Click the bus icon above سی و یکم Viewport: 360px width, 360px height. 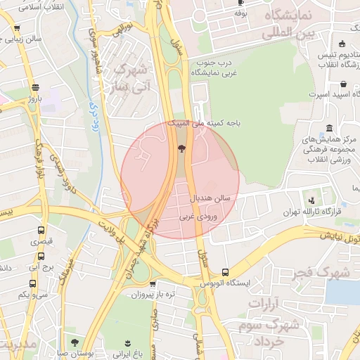(x=32, y=283)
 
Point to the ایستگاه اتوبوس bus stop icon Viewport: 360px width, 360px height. (x=225, y=272)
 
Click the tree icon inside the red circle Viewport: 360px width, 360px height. (x=182, y=148)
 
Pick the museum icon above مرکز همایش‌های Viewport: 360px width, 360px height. (x=330, y=127)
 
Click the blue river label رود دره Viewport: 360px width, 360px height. (x=94, y=112)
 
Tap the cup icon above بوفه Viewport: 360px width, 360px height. (x=241, y=4)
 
